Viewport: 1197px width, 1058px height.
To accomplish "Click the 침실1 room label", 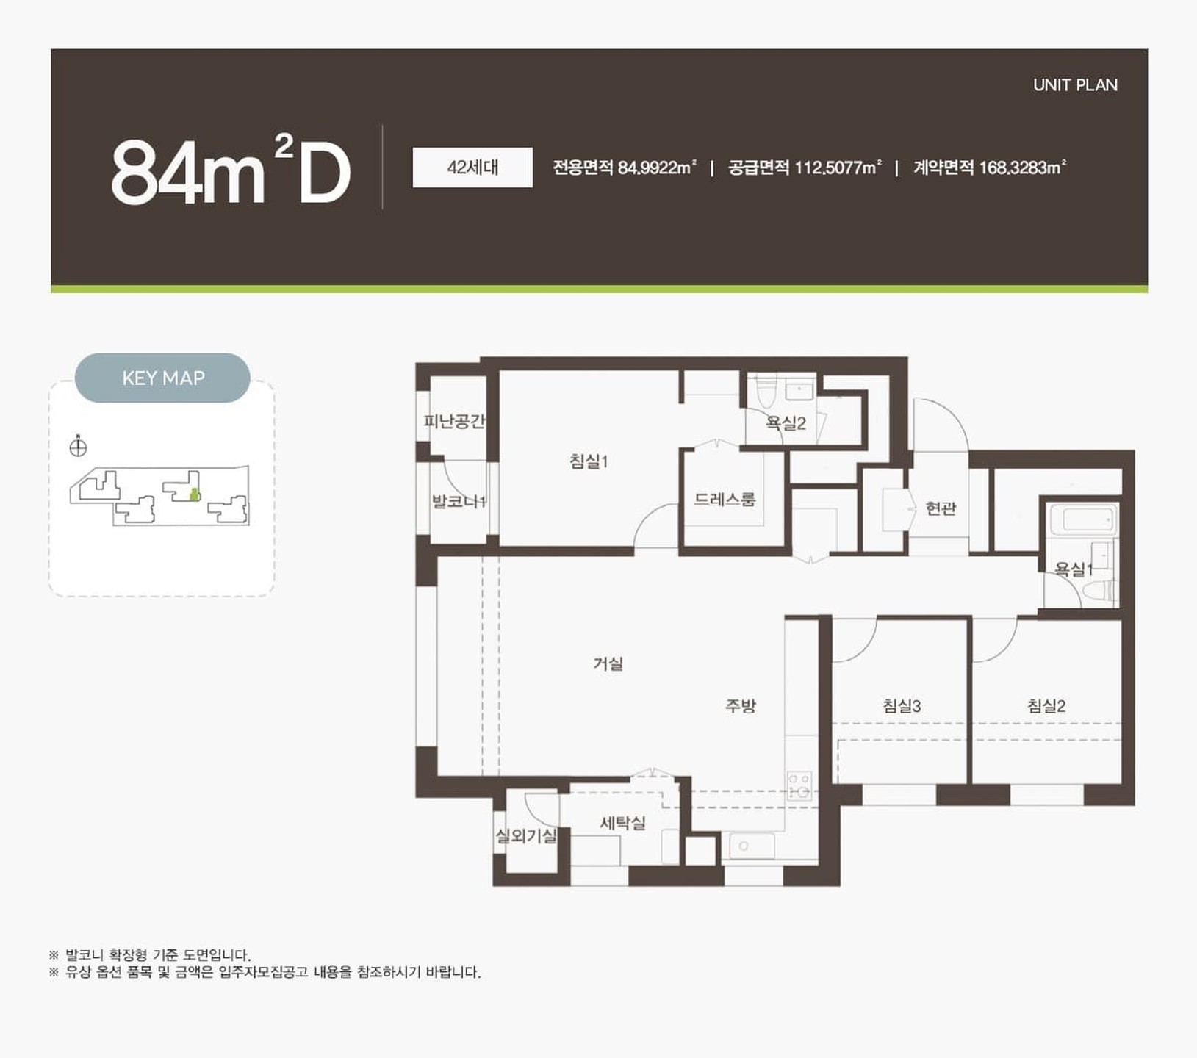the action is [x=589, y=462].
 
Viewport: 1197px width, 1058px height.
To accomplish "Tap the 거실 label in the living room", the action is [x=608, y=663].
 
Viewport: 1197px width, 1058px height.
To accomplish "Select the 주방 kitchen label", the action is [x=740, y=706].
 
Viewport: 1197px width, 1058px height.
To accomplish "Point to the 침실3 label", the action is [x=902, y=706].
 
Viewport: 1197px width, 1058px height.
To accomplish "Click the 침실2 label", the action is [x=1046, y=706].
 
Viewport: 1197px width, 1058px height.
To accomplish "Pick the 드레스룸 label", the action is [x=725, y=500].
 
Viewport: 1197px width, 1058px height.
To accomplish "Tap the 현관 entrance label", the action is [x=941, y=508].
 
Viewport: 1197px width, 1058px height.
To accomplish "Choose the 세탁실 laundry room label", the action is [x=623, y=823].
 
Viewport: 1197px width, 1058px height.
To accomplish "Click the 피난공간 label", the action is [x=454, y=422].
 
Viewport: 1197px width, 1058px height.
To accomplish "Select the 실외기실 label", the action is [x=526, y=835].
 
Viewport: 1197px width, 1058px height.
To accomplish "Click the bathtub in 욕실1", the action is [x=1084, y=520].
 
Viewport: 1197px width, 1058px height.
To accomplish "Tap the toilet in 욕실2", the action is [x=766, y=391].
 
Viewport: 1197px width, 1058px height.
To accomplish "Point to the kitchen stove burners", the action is [x=799, y=785].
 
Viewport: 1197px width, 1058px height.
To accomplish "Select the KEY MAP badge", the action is [x=162, y=378].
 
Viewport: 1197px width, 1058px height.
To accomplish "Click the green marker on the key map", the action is [x=194, y=494].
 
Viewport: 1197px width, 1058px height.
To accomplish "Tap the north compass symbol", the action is [x=78, y=446].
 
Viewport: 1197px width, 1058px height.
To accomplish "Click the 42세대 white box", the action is [x=472, y=168].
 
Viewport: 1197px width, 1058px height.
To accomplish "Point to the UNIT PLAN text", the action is [x=1075, y=85].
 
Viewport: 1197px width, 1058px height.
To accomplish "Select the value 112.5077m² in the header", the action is [x=838, y=168].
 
